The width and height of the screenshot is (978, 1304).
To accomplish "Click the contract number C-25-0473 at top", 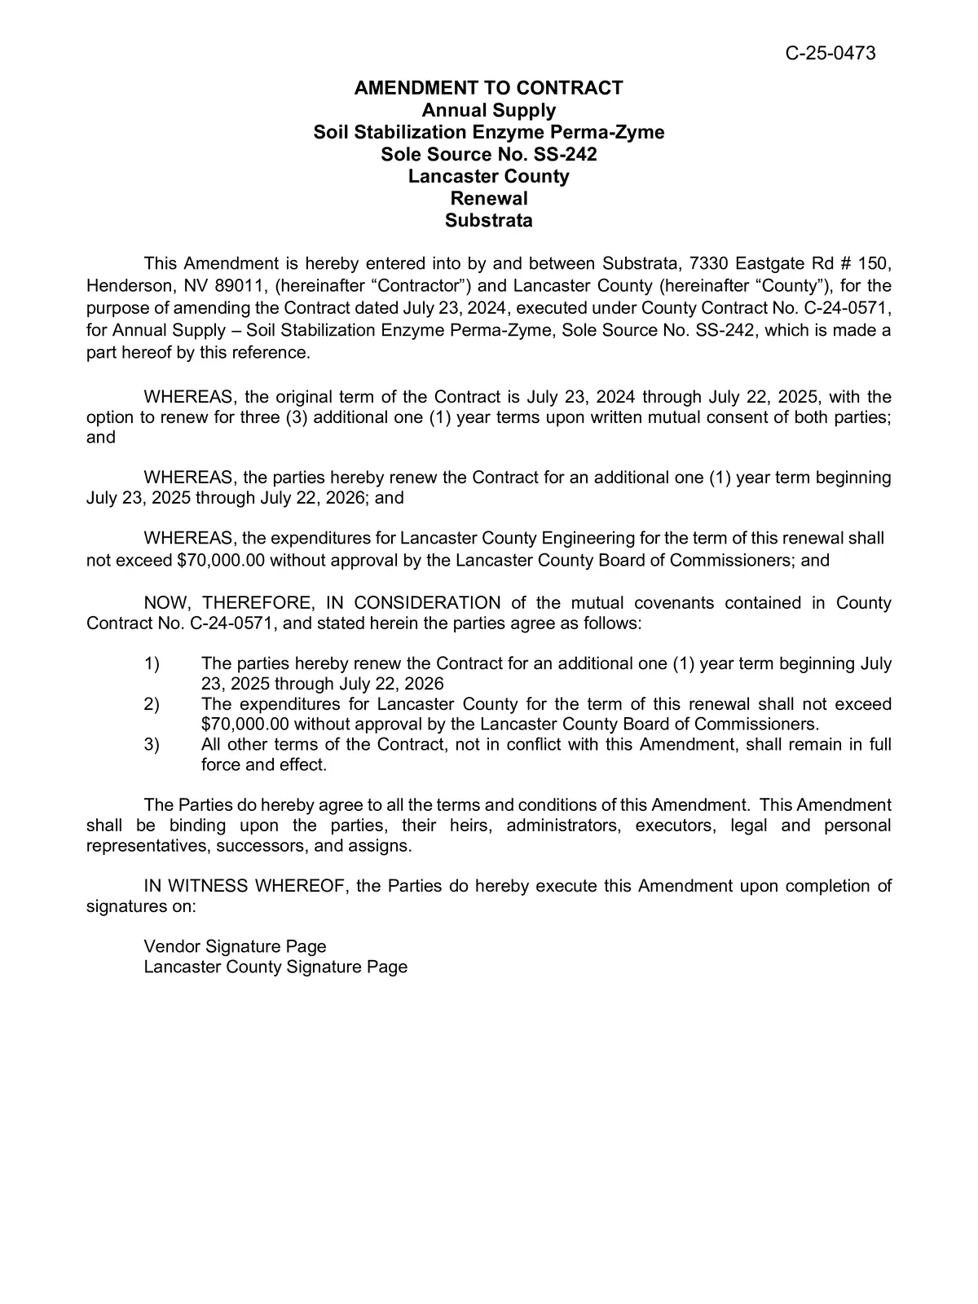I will (830, 54).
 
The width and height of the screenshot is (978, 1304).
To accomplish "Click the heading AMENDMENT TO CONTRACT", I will (488, 88).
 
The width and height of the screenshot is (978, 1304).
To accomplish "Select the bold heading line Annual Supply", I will (488, 110).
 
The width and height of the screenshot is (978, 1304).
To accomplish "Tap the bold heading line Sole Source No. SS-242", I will (488, 154).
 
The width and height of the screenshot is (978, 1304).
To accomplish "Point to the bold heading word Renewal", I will (488, 198).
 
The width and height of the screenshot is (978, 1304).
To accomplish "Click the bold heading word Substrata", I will (488, 220).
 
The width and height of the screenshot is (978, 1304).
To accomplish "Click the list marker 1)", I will (152, 663).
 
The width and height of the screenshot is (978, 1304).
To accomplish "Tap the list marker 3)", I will (152, 744).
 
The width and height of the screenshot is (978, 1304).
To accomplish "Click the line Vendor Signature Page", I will (235, 946).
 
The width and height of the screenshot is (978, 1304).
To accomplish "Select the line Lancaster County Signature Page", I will (275, 967).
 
